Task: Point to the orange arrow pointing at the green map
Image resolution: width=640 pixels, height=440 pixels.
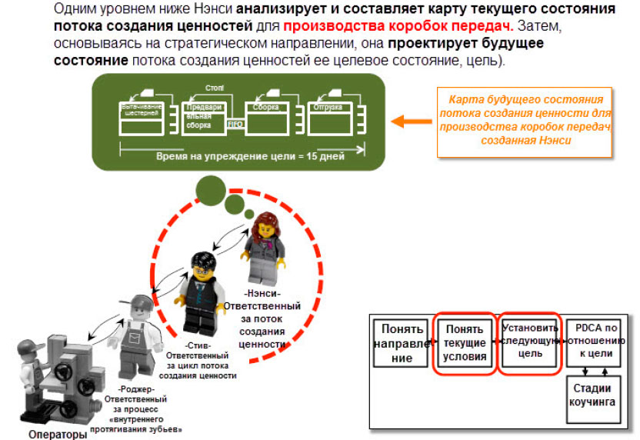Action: pos(411,121)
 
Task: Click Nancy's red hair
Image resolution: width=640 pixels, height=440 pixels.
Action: pos(262,223)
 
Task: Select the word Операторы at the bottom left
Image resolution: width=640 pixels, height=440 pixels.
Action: pos(53,433)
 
